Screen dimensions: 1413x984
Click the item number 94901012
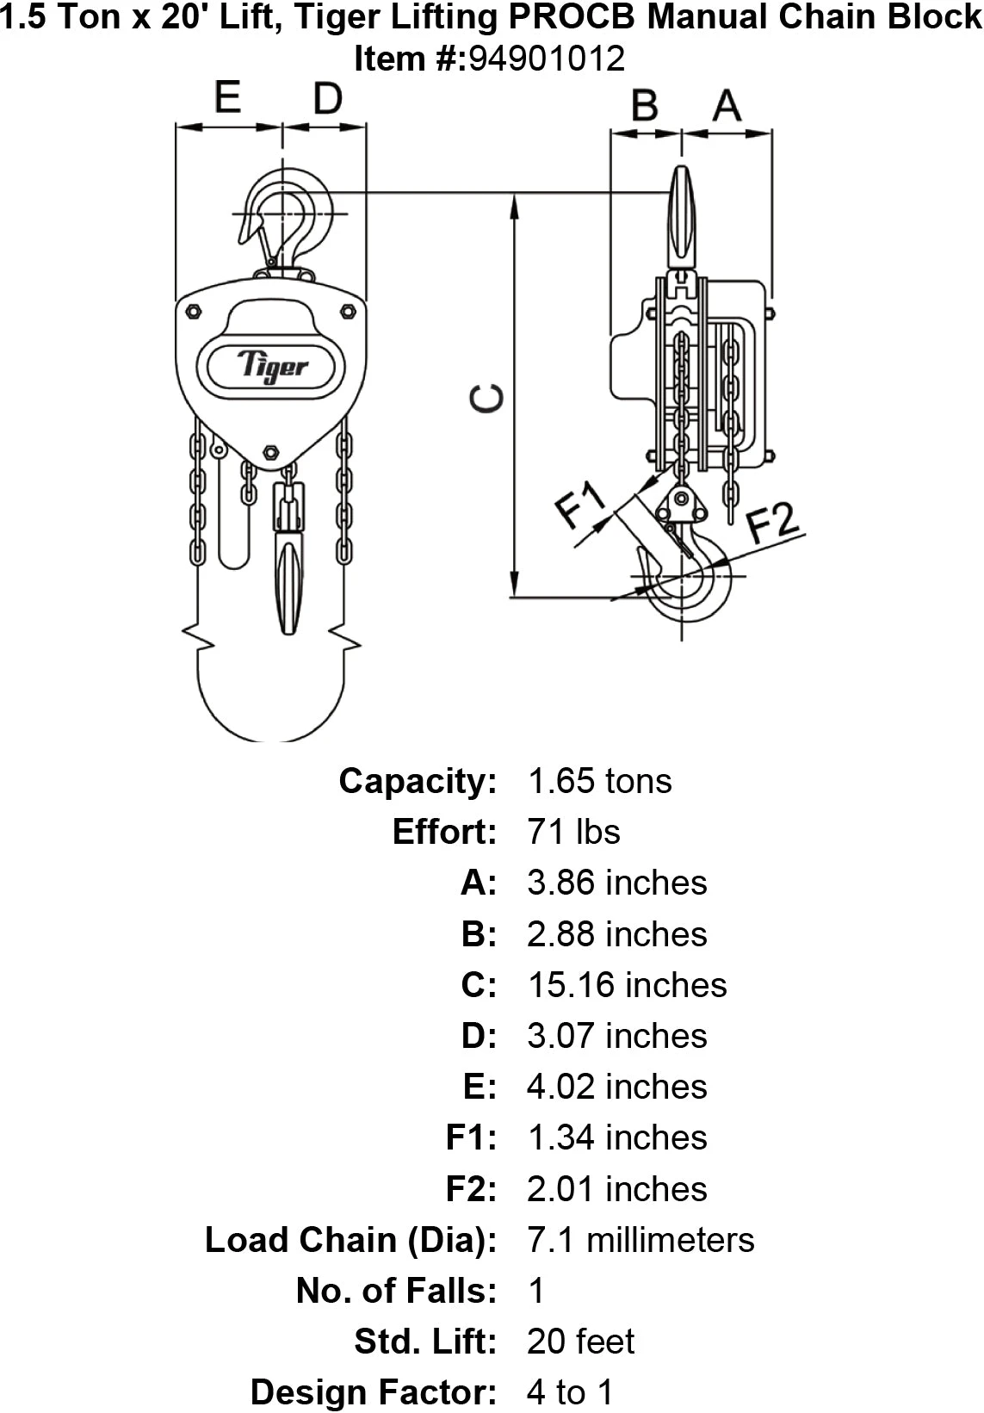click(x=546, y=59)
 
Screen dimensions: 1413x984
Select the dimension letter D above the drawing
click(x=327, y=99)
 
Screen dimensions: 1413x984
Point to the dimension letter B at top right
click(x=644, y=106)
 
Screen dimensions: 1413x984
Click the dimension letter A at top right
click(x=727, y=106)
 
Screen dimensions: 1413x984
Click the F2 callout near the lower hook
click(x=772, y=521)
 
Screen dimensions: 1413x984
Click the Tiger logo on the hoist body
click(x=272, y=365)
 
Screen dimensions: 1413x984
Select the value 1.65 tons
click(x=599, y=781)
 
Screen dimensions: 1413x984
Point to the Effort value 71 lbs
click(x=573, y=832)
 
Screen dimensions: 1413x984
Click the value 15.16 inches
click(x=627, y=985)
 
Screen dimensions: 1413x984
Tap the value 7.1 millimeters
click(x=641, y=1240)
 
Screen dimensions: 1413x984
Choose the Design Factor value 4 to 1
click(x=570, y=1392)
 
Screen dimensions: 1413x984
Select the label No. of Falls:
click(x=397, y=1291)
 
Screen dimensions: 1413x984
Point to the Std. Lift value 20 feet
click(x=581, y=1342)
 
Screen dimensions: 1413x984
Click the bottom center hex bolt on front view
click(x=270, y=451)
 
